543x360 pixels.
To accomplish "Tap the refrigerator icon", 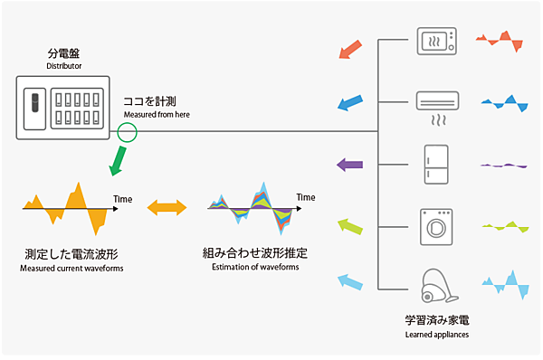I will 438,165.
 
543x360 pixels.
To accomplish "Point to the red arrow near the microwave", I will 350,49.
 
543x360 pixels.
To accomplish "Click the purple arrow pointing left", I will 349,165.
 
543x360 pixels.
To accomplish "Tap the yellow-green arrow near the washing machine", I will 349,225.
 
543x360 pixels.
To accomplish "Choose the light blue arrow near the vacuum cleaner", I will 349,283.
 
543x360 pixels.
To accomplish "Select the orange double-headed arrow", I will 166,208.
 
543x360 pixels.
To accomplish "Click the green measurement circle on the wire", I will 128,133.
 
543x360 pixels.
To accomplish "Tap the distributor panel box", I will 63,109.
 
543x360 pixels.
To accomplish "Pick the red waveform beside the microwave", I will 500,39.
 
